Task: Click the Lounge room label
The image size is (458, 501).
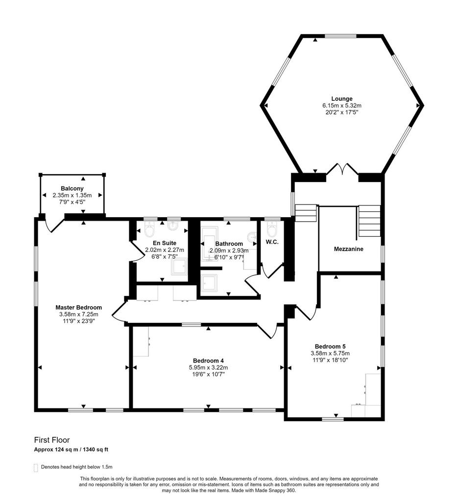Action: [341, 99]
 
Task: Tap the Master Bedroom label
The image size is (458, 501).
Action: [79, 307]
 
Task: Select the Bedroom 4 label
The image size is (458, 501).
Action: [208, 361]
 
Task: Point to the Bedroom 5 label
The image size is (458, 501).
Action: [330, 346]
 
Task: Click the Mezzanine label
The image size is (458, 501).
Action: [349, 249]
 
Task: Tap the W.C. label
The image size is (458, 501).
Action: [272, 242]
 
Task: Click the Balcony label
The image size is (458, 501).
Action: [72, 188]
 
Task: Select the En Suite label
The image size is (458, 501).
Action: [165, 243]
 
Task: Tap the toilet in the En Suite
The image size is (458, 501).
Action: [149, 229]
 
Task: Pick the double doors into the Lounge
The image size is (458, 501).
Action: [342, 169]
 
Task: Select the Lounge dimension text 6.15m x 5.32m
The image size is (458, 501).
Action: [341, 106]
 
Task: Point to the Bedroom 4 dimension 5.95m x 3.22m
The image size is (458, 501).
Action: [208, 367]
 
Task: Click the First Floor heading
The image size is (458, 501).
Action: [52, 440]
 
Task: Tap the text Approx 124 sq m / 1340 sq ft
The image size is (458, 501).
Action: [71, 450]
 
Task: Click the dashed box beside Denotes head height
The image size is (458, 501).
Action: [36, 468]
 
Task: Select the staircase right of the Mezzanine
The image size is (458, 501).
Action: [369, 221]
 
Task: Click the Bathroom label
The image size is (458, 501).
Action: [229, 244]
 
